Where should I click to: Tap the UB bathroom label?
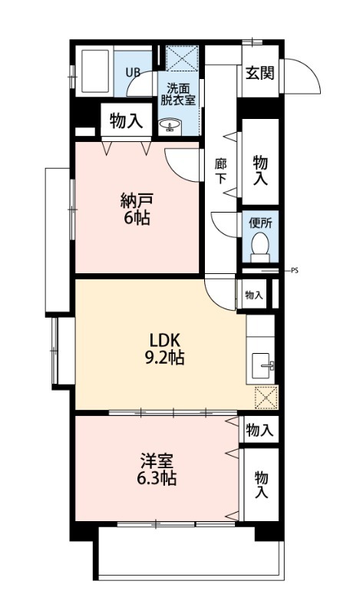pos(133,73)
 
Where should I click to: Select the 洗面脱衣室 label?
pos(177,93)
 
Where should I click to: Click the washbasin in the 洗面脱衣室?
pos(169,124)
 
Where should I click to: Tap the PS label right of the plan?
pos(295,270)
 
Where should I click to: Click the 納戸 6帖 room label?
pos(135,209)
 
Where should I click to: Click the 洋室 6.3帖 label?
pos(157,470)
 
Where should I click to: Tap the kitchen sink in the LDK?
pos(263,365)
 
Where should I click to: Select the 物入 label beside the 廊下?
pos(260,170)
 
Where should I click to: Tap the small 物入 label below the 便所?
pos(254,295)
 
